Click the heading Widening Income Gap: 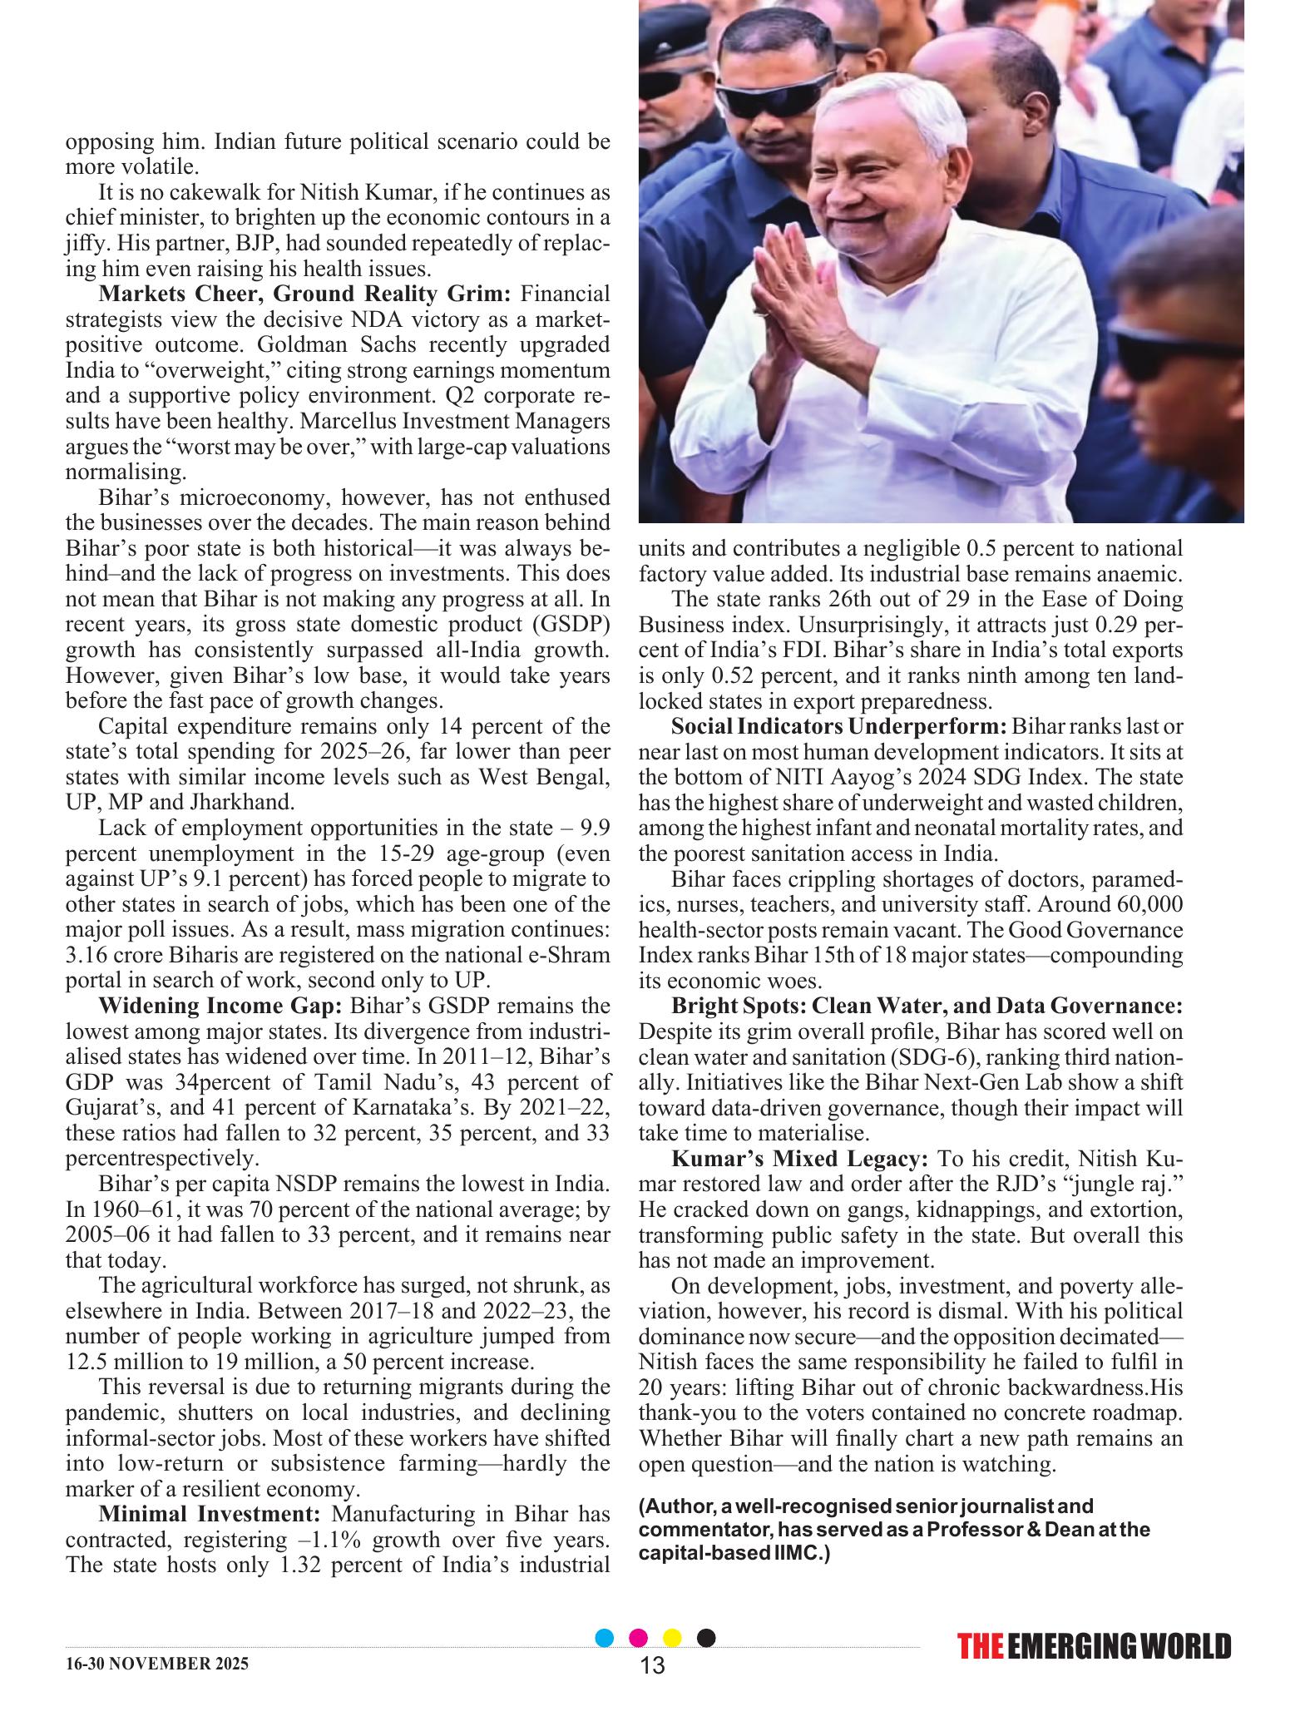click(220, 1006)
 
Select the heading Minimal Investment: click(210, 1513)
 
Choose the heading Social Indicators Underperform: click(838, 726)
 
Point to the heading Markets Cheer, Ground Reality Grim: click(308, 294)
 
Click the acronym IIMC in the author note click(798, 1552)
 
